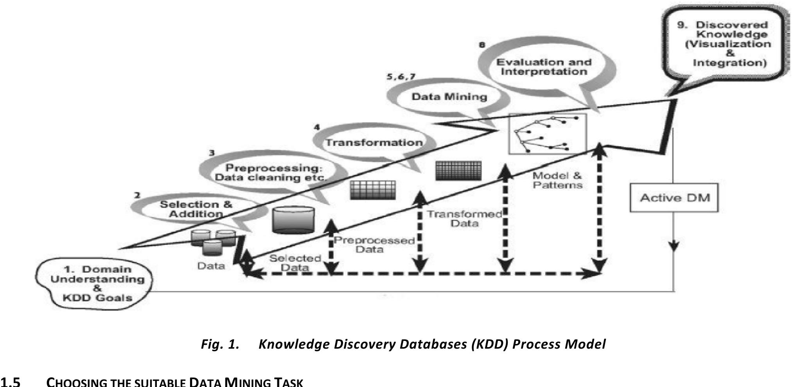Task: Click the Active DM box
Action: coord(674,198)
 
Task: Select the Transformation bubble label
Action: coord(374,142)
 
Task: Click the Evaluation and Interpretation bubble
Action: coord(544,67)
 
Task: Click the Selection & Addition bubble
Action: coord(196,209)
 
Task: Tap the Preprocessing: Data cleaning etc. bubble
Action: coord(270,173)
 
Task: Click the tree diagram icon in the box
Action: coord(547,133)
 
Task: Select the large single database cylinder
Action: coord(293,219)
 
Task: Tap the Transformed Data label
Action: coord(464,219)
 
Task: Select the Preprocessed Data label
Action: coord(374,245)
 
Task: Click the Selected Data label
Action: coord(295,263)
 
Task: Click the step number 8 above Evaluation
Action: coord(482,45)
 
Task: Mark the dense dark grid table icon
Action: coord(458,171)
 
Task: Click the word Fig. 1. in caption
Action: coord(220,344)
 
